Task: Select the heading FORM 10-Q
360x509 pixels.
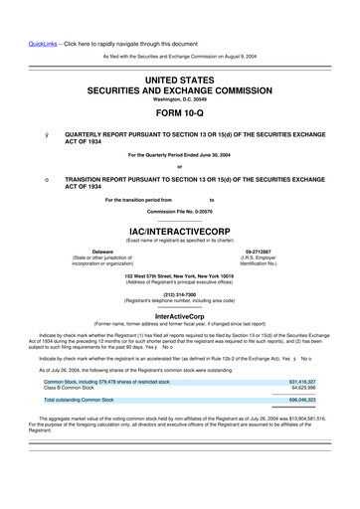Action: pyautogui.click(x=180, y=114)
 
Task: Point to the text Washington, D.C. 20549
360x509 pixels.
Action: pyautogui.click(x=180, y=100)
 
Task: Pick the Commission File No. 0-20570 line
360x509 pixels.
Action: pyautogui.click(x=180, y=212)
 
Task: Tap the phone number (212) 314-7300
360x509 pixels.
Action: pyautogui.click(x=180, y=294)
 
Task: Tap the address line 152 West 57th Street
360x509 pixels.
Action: pyautogui.click(x=180, y=273)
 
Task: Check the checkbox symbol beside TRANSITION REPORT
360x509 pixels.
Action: pyautogui.click(x=38, y=179)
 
